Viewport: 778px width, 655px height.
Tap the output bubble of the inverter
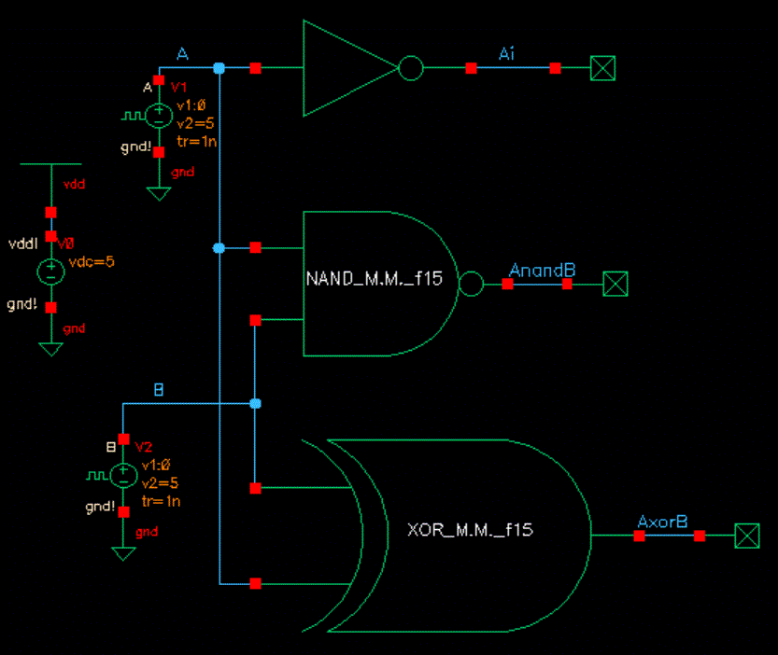pyautogui.click(x=411, y=68)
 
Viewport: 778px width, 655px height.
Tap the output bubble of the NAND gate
pyautogui.click(x=472, y=283)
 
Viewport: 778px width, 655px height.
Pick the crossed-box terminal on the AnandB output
pyautogui.click(x=615, y=283)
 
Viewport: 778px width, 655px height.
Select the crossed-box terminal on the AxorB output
pyautogui.click(x=746, y=536)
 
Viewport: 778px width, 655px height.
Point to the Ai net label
pyautogui.click(x=506, y=54)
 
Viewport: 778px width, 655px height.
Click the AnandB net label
pyautogui.click(x=542, y=271)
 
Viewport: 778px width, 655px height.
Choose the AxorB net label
pyautogui.click(x=662, y=523)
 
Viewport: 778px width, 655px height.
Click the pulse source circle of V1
pyautogui.click(x=159, y=116)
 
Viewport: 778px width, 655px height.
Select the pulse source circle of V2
pyautogui.click(x=123, y=475)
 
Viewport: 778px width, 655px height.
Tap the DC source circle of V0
pyautogui.click(x=50, y=272)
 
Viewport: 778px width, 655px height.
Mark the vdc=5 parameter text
pyautogui.click(x=92, y=261)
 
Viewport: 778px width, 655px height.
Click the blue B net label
pyautogui.click(x=158, y=390)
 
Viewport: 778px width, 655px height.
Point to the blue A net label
pyautogui.click(x=183, y=56)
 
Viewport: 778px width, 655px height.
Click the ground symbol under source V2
pyautogui.click(x=123, y=552)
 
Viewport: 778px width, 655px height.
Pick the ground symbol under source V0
pyautogui.click(x=50, y=348)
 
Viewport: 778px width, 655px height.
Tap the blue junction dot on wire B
pyautogui.click(x=255, y=403)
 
